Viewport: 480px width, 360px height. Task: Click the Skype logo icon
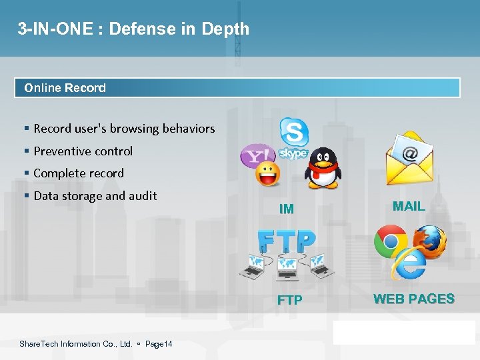click(x=293, y=139)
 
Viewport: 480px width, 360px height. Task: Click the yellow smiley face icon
click(x=268, y=174)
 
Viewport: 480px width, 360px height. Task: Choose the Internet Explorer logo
click(x=408, y=263)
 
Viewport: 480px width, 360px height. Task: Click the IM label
click(x=287, y=209)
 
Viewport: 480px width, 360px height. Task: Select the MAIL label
click(x=409, y=207)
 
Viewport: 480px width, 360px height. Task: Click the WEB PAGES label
click(x=414, y=299)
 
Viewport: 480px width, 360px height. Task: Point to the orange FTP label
click(x=289, y=301)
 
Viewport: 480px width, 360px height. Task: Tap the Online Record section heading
click(x=65, y=88)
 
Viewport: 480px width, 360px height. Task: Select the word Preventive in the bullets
click(x=62, y=151)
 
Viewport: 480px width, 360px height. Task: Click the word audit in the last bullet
click(x=143, y=196)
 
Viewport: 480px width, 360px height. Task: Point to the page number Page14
click(x=159, y=344)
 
